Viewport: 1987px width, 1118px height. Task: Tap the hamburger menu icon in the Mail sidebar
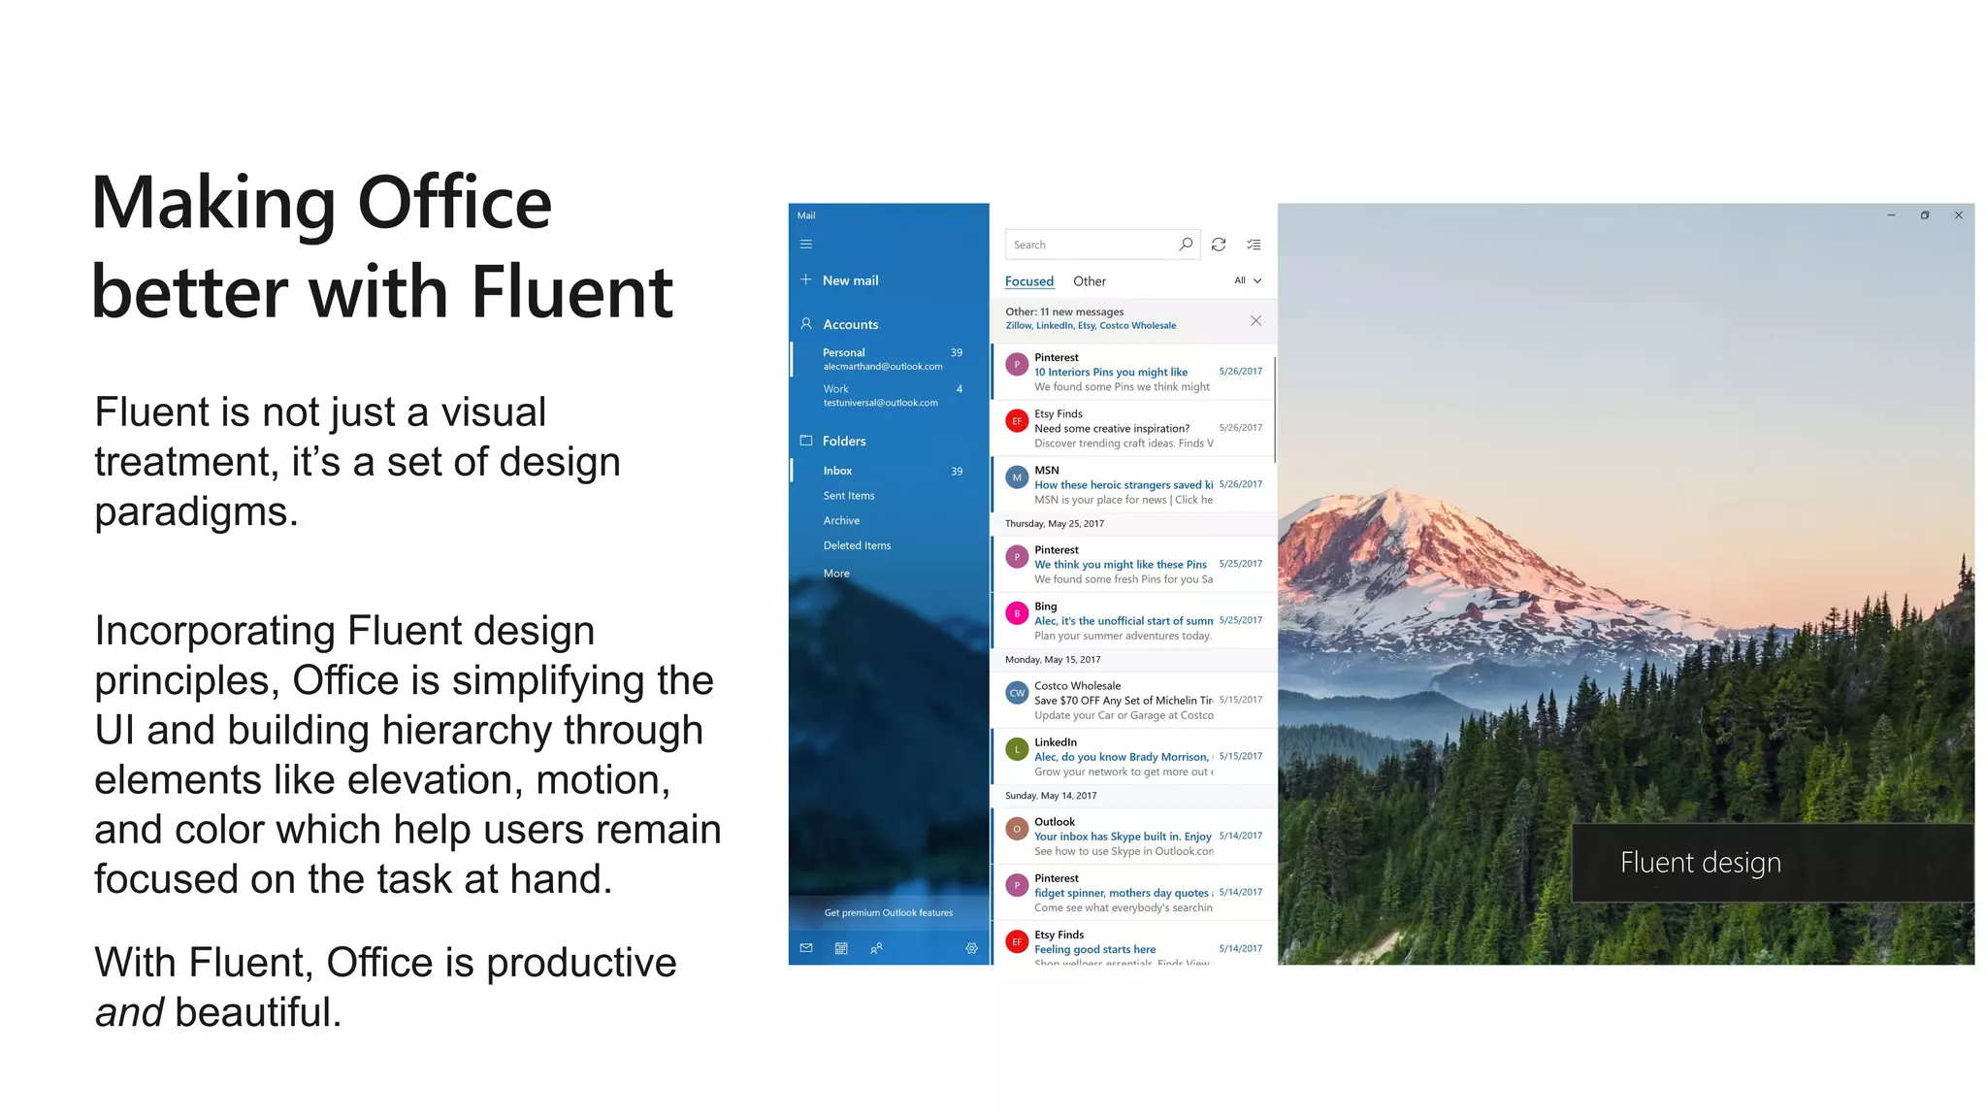[x=806, y=245]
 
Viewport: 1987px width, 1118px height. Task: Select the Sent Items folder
[x=849, y=496]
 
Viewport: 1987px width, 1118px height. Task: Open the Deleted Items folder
[x=857, y=545]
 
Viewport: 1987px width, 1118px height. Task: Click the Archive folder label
[x=841, y=521]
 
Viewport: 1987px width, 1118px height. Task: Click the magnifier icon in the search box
[x=1186, y=245]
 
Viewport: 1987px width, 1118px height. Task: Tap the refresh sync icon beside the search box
[x=1219, y=245]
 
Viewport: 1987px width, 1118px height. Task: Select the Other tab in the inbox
[x=1090, y=281]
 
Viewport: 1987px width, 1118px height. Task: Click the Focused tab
[x=1029, y=281]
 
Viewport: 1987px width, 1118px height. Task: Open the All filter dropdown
[x=1248, y=280]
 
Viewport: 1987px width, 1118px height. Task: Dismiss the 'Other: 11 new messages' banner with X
[x=1255, y=320]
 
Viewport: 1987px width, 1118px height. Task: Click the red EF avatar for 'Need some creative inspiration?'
[x=1017, y=421]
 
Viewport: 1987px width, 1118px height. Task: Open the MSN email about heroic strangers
[x=1124, y=484]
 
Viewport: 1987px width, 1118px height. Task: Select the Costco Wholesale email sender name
[x=1077, y=686]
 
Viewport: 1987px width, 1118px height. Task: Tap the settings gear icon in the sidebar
[x=971, y=948]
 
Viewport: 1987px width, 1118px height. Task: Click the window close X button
[x=1958, y=215]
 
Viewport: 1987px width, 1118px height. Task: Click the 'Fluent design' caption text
[x=1700, y=863]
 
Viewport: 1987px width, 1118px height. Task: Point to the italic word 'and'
[x=129, y=1012]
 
